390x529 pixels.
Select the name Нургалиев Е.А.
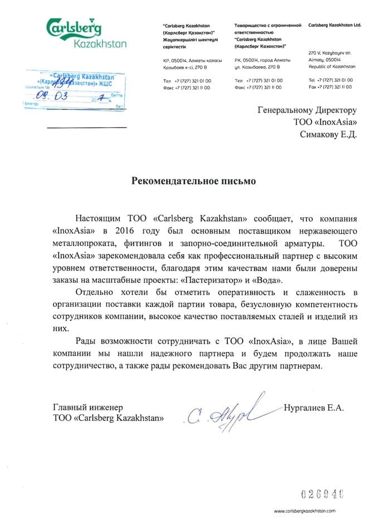pos(314,408)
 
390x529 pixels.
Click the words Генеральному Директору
pos(306,110)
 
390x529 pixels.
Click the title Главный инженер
pos(87,408)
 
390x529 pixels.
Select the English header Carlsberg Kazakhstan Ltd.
pos(334,26)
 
